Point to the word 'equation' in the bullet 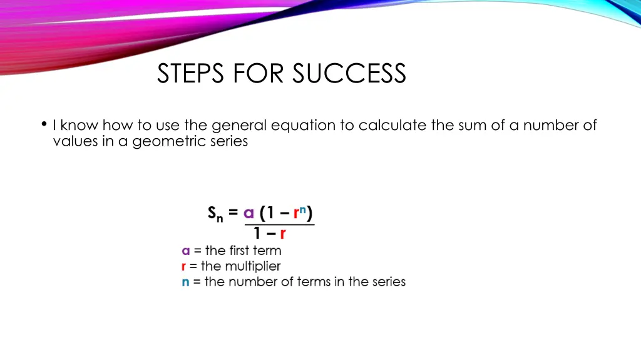point(303,126)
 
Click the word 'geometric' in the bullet point(161,142)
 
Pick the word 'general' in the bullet point(238,126)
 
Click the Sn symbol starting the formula point(215,214)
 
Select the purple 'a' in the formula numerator point(249,214)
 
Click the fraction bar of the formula point(279,224)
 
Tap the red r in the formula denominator point(283,234)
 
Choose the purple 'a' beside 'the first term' point(185,251)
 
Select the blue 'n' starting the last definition point(185,282)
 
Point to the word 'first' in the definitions point(239,251)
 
